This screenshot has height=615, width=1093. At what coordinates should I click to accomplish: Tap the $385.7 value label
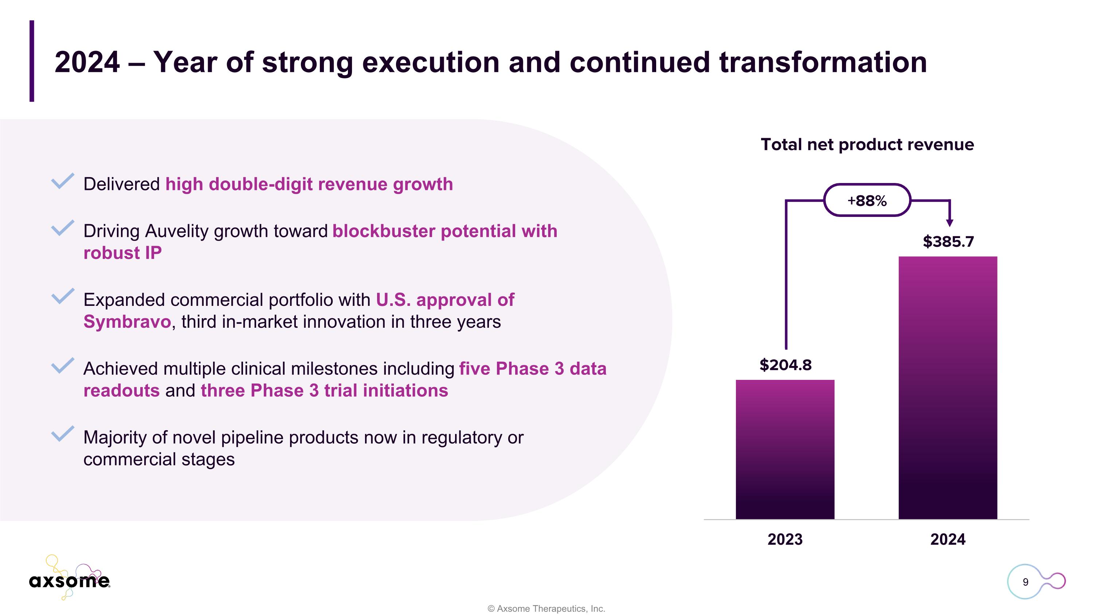[948, 241]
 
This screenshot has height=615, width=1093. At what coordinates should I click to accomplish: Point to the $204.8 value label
[786, 365]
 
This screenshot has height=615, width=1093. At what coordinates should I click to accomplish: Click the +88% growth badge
[867, 201]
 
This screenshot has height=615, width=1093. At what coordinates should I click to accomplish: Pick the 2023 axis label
[785, 540]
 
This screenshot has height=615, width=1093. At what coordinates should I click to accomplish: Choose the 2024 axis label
[948, 540]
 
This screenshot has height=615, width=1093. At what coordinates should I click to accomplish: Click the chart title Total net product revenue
[867, 145]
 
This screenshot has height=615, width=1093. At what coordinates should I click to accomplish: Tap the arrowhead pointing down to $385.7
[949, 222]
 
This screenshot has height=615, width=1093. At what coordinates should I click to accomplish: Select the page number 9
[1025, 582]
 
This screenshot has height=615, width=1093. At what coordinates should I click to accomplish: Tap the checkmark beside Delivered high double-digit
[62, 181]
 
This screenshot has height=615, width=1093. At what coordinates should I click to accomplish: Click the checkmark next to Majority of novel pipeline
[62, 434]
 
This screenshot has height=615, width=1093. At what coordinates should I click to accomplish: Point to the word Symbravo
[127, 322]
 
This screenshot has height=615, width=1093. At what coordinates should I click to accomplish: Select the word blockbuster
[384, 231]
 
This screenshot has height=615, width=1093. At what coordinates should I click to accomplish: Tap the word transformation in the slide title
[823, 62]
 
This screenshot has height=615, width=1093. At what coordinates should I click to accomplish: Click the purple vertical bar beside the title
[32, 61]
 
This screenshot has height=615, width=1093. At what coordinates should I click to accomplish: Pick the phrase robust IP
[122, 253]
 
